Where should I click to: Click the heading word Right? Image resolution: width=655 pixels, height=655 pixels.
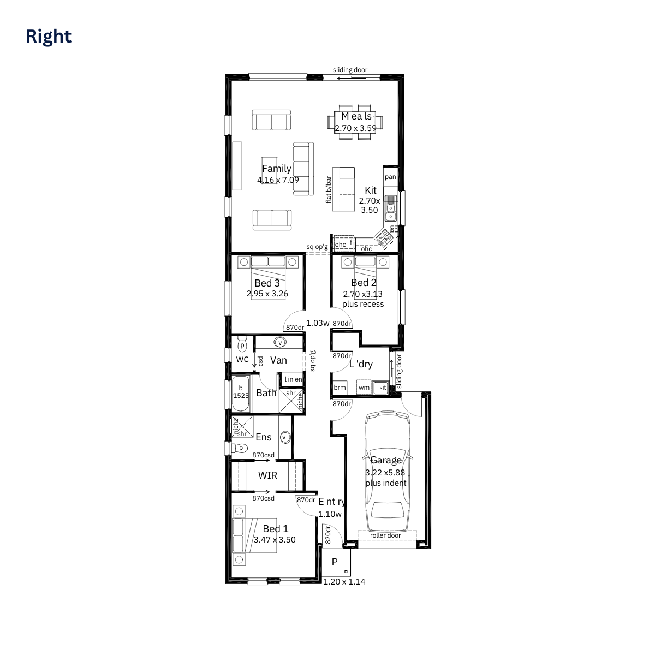[x=49, y=37]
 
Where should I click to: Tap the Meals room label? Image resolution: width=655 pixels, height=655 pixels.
[x=356, y=116]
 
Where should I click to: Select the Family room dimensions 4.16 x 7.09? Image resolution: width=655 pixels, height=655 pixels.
[x=278, y=180]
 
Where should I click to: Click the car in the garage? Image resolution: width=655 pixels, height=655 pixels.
[x=387, y=473]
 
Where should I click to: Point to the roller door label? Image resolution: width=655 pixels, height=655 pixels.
[x=385, y=535]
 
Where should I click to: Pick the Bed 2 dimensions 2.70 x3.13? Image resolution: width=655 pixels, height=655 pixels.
[x=363, y=294]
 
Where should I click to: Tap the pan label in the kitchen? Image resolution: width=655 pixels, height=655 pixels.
[x=390, y=177]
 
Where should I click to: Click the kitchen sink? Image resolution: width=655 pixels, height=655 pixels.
[x=391, y=208]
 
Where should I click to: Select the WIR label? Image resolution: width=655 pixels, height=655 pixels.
[x=267, y=475]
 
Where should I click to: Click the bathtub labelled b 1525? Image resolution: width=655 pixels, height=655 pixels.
[x=241, y=393]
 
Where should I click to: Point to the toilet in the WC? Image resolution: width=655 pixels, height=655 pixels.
[x=242, y=345]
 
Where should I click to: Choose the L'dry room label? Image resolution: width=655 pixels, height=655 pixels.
[x=361, y=364]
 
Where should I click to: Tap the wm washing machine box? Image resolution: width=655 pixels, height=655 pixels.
[x=364, y=388]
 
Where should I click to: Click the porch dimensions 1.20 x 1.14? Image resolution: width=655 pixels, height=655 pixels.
[x=344, y=582]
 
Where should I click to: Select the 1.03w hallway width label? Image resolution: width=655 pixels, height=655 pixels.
[x=318, y=323]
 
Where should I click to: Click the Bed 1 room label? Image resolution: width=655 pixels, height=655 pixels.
[x=276, y=528]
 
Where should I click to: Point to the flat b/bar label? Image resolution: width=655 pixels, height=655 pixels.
[x=329, y=189]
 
